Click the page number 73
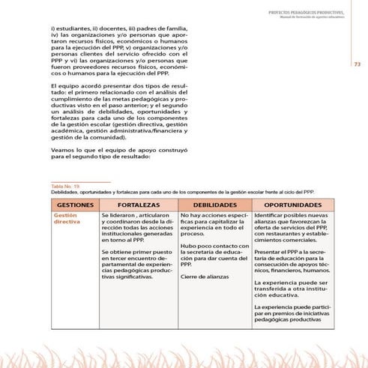coord(358,64)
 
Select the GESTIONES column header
coord(74,204)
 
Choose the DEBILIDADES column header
coord(215,204)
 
